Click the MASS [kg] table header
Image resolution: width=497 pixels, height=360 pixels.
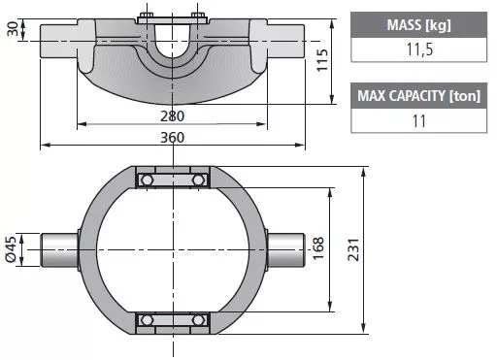pyautogui.click(x=418, y=25)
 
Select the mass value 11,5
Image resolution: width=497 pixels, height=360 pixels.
pyautogui.click(x=419, y=49)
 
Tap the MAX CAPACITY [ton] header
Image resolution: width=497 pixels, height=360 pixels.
pyautogui.click(x=418, y=96)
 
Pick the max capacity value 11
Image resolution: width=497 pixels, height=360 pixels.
pyautogui.click(x=418, y=121)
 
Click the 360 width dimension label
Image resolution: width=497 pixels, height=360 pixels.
pyautogui.click(x=173, y=138)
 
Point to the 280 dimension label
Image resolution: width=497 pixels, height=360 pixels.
pyautogui.click(x=173, y=116)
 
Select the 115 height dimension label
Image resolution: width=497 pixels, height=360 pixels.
pyautogui.click(x=322, y=60)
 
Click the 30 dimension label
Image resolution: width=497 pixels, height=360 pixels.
pyautogui.click(x=13, y=29)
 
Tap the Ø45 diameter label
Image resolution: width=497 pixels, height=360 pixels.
pyautogui.click(x=11, y=249)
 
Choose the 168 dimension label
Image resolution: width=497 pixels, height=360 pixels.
pyautogui.click(x=318, y=248)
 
